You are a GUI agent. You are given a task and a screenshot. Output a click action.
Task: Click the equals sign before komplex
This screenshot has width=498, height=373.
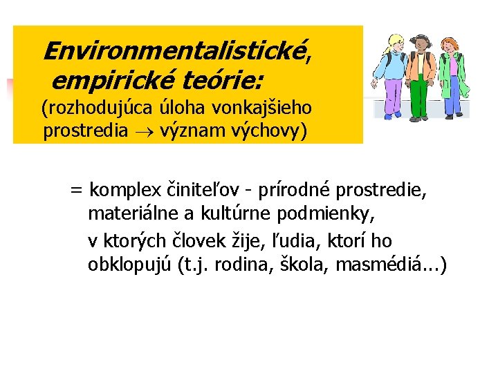click(x=75, y=189)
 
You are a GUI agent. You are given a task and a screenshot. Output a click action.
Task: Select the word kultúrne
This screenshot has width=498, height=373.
click(x=242, y=215)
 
